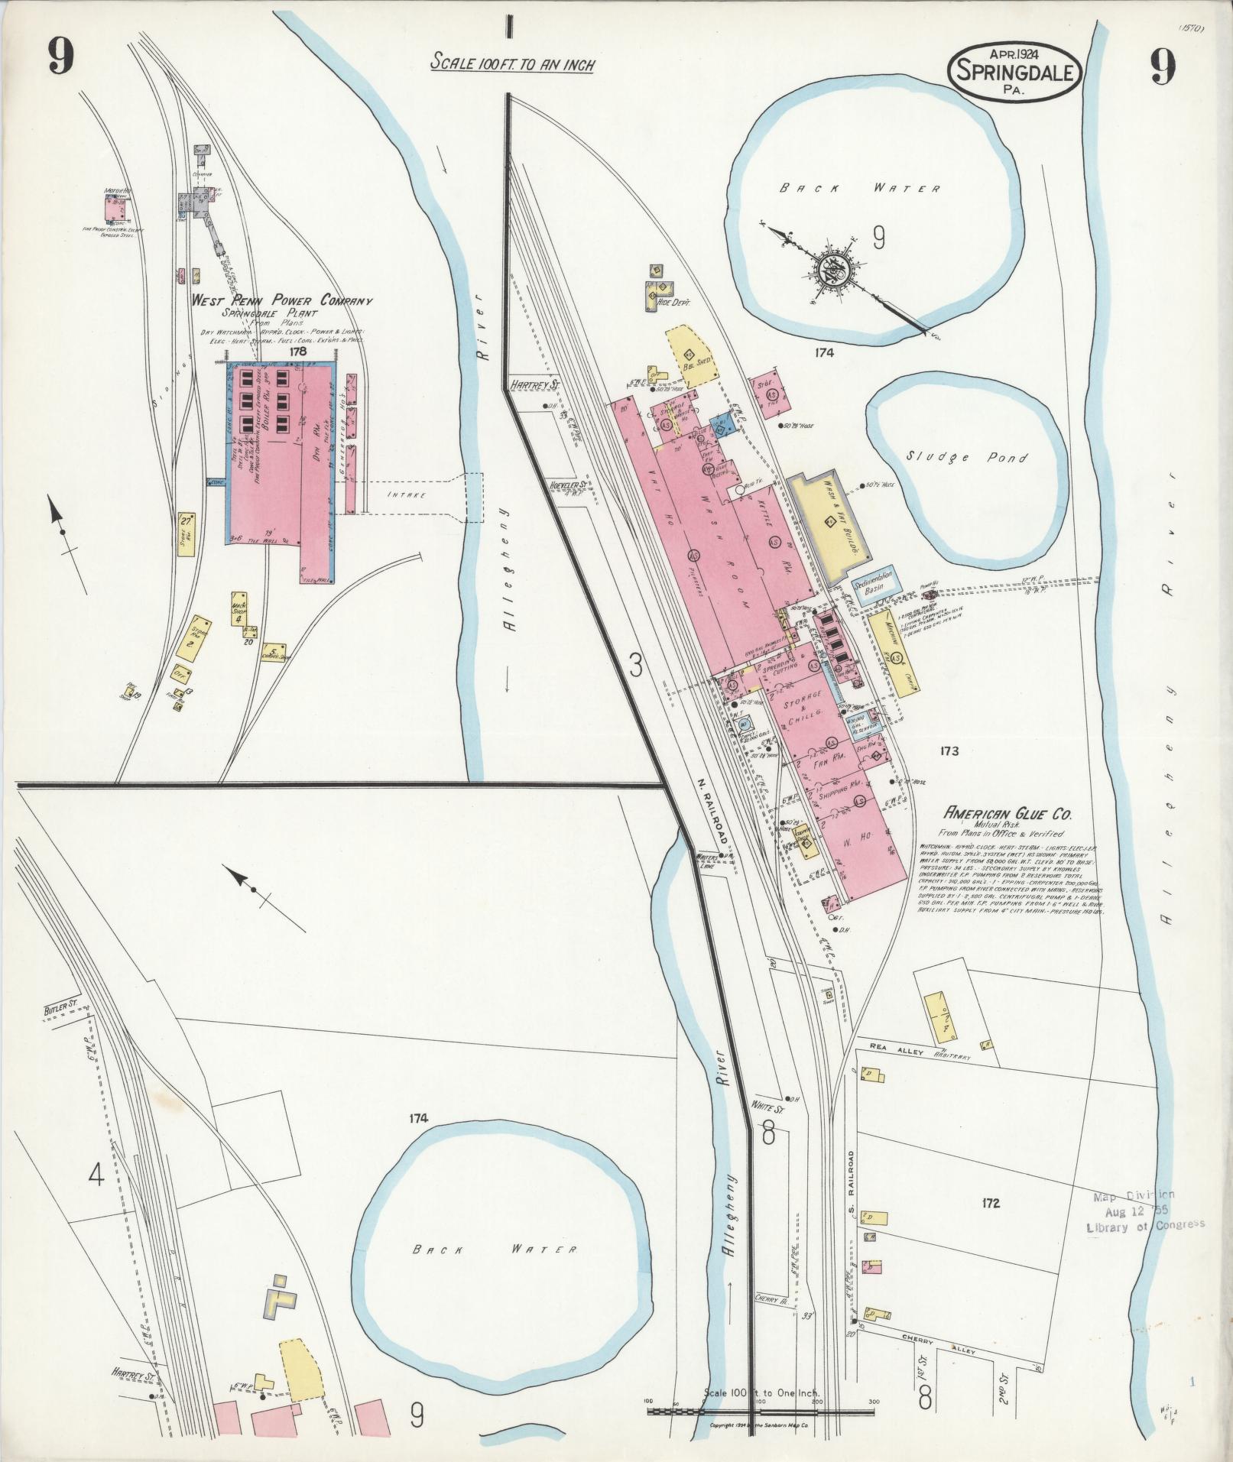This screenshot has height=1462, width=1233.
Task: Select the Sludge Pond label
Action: tap(967, 458)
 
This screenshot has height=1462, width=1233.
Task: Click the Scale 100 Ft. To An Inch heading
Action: tap(512, 63)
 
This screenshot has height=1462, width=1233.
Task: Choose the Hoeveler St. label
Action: tap(567, 485)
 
